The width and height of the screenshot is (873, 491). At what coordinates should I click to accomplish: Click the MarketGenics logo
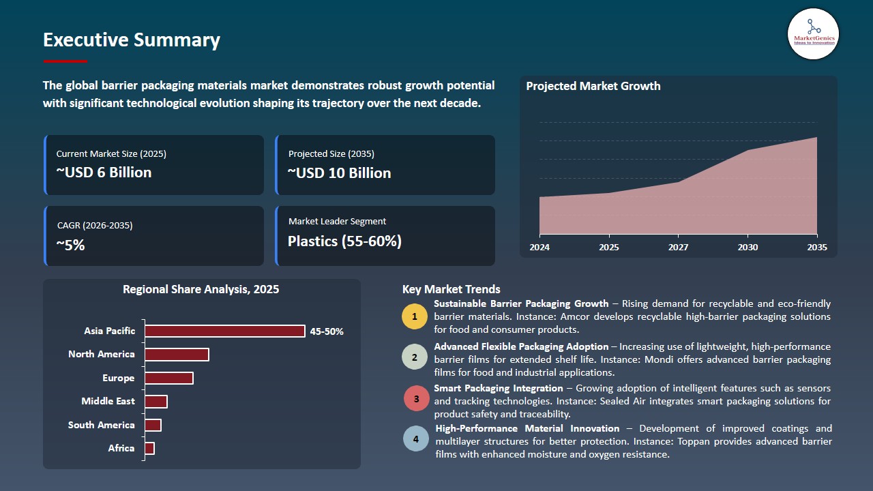coord(813,34)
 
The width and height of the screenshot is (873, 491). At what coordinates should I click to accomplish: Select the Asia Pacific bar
coord(225,331)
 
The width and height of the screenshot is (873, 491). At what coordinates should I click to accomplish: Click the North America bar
coord(177,355)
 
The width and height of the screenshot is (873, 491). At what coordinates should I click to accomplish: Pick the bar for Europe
coord(168,378)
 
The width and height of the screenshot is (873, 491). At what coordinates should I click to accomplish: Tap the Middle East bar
coord(156,402)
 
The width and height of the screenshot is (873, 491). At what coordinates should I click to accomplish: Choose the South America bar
coord(153,425)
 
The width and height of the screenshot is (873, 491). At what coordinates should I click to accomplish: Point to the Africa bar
coord(149,448)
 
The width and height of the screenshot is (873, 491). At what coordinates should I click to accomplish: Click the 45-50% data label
coord(327,331)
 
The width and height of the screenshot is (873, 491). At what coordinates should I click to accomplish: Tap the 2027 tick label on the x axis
coord(678,247)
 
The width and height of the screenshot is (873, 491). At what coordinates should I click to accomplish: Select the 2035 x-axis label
coord(817,247)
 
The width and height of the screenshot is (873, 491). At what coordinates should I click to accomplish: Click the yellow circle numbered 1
coord(414,316)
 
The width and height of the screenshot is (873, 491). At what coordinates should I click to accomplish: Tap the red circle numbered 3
coord(416,399)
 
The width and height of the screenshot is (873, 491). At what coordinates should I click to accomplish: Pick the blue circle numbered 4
coord(416,438)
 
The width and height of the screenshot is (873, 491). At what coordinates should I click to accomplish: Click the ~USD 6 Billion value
coord(104,173)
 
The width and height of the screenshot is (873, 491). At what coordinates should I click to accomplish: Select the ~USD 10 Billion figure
coord(339,173)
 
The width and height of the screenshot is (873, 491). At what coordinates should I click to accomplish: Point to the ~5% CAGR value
coord(70,245)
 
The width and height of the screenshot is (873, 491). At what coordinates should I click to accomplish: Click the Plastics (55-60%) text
coord(344,241)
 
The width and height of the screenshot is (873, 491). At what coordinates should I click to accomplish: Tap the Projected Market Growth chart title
coord(593,86)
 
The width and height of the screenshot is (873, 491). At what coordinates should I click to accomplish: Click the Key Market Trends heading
coord(451,289)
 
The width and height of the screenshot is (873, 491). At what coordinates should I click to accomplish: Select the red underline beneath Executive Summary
coord(65,61)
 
